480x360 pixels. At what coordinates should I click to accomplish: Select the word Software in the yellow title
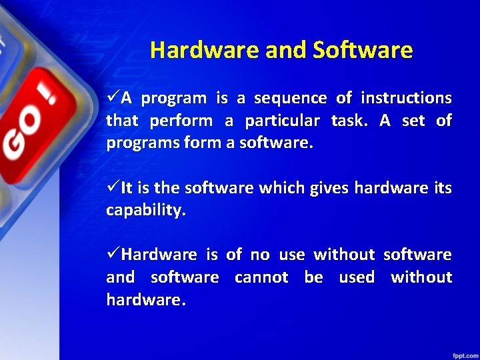coord(363,50)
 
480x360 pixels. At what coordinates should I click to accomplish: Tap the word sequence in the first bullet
coord(290,99)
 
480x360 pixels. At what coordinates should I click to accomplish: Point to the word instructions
coord(406,99)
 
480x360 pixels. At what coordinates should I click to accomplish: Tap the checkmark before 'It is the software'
coord(113,189)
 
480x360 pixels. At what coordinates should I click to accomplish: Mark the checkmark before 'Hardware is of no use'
coord(113,255)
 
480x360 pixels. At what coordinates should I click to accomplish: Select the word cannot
coord(261,277)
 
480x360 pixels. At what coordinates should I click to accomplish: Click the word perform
coord(181,121)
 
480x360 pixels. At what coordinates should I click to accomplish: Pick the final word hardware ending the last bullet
coord(145,300)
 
